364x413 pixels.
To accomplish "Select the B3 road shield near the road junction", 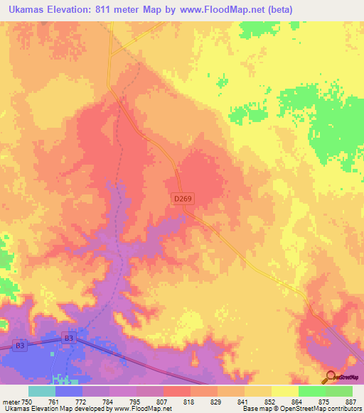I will [68, 338].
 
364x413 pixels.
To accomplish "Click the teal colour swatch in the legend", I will [42, 391].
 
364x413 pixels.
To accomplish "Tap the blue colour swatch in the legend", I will [69, 391].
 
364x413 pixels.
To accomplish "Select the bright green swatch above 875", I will [312, 391].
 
